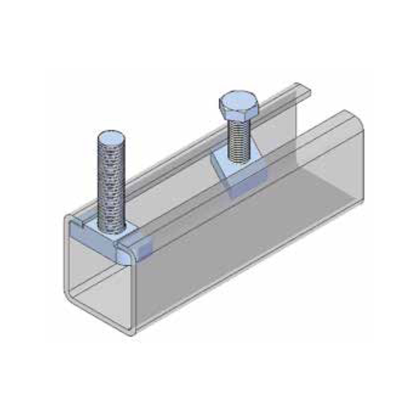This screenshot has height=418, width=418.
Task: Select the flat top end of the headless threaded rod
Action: (x=111, y=138)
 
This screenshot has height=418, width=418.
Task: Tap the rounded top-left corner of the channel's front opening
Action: (x=68, y=217)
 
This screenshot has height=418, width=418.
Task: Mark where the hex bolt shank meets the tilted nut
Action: (x=240, y=159)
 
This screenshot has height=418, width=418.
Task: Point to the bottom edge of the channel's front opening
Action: (x=99, y=318)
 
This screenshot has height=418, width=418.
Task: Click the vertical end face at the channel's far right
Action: (x=358, y=157)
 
